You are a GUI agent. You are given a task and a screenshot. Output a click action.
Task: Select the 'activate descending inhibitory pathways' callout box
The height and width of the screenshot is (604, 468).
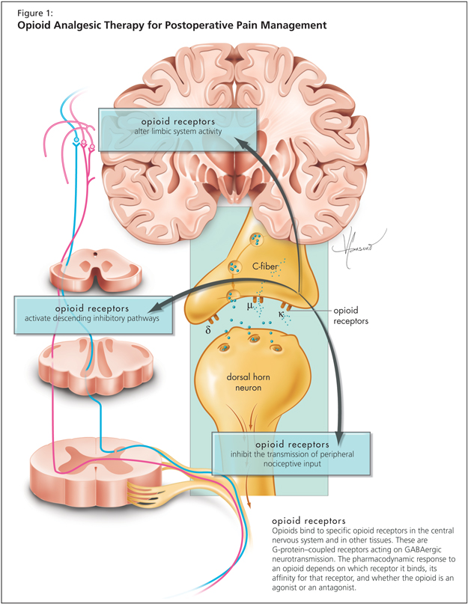(92, 313)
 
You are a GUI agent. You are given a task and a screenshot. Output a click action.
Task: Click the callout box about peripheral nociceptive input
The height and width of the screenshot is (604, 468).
(292, 452)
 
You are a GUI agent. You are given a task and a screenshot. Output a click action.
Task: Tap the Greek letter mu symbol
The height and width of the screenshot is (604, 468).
(250, 306)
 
